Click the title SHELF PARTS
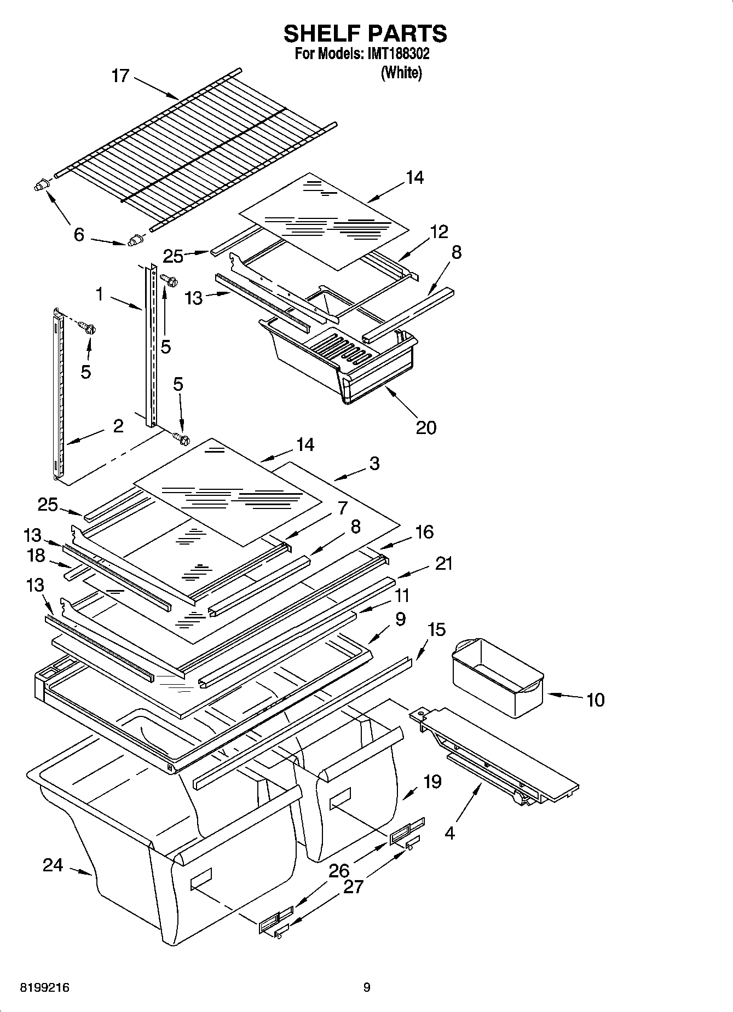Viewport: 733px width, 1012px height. coord(365,34)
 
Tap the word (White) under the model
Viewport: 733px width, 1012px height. coord(401,73)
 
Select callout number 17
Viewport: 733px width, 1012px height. coord(120,75)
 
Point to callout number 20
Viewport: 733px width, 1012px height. coord(426,427)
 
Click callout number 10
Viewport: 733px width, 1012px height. coord(595,699)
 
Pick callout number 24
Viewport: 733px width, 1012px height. coord(53,865)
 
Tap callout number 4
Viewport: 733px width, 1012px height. coord(449,834)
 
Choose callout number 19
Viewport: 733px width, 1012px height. coord(432,781)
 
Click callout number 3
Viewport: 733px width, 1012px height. coord(374,464)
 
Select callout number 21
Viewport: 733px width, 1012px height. coord(443,563)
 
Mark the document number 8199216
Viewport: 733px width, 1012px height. coord(45,988)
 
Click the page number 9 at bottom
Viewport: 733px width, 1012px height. coord(367,988)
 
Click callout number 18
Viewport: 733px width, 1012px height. coord(36,556)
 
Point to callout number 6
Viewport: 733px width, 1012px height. coord(79,235)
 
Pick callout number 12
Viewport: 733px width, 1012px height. coord(439,232)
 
